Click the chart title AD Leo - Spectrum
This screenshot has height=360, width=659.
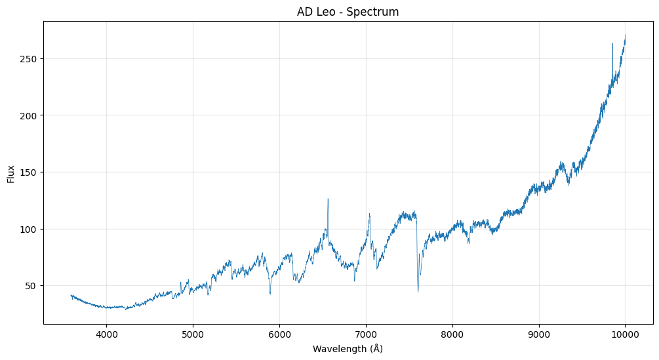point(348,12)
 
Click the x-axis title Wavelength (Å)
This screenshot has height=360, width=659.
point(348,349)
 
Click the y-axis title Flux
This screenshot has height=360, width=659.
point(11,173)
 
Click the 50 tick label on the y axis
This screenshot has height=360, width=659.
point(30,286)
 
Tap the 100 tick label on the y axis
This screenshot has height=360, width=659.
point(28,229)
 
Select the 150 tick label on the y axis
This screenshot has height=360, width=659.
point(28,172)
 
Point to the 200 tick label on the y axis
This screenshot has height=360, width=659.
point(28,115)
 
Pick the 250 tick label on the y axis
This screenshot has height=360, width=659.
point(28,59)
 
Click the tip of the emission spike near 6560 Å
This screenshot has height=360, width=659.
point(328,199)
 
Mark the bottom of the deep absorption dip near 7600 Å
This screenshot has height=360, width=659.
point(418,291)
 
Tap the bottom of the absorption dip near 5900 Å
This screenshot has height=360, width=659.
point(270,293)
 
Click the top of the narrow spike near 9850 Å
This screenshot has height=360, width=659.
point(612,44)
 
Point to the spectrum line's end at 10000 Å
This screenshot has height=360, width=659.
point(625,35)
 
